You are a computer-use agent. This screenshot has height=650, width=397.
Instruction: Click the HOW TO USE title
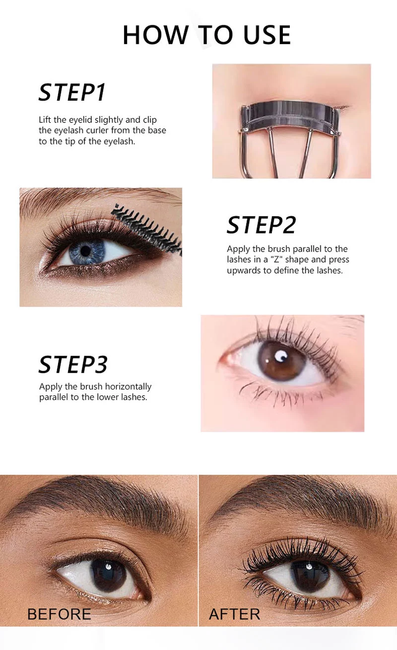(206, 35)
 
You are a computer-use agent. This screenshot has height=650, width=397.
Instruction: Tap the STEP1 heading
(72, 93)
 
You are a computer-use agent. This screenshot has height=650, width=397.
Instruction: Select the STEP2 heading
(261, 225)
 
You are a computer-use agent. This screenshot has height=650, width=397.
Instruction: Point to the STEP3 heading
(73, 365)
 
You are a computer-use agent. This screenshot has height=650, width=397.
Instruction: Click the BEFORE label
(59, 614)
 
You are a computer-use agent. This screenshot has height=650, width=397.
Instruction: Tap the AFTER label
(234, 614)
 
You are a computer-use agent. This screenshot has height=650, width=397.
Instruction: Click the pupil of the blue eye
(86, 251)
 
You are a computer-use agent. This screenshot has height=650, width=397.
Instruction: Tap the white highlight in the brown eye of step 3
(281, 355)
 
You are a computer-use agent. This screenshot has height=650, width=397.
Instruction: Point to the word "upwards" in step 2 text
(243, 270)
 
